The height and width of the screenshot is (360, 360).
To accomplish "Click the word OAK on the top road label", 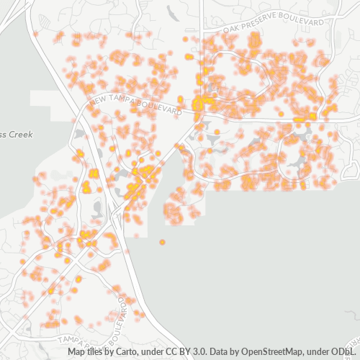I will [x=230, y=29].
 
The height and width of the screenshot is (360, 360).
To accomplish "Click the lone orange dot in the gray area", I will [x=162, y=242].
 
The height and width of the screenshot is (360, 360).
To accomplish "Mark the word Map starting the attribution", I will [x=76, y=352].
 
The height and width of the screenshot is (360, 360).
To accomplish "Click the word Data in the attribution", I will [x=217, y=352].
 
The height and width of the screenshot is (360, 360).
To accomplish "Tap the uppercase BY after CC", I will [x=183, y=352].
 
